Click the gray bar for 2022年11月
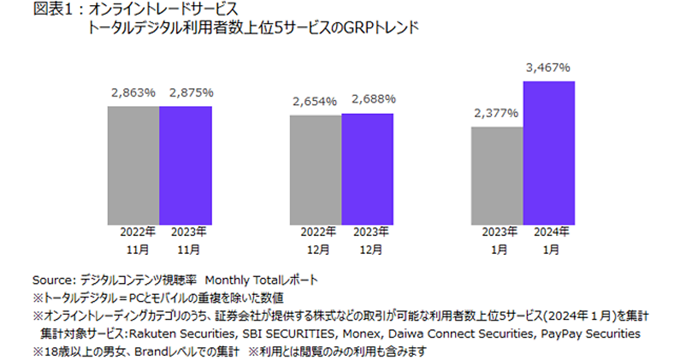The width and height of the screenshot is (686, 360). coord(133,165)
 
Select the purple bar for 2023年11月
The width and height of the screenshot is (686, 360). coord(185,165)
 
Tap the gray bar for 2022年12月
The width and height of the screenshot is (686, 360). coord(315,170)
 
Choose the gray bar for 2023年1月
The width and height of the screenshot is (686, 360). coord(497,175)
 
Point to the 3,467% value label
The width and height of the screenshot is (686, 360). coord(548,68)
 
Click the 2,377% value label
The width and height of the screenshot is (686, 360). coord(496,113)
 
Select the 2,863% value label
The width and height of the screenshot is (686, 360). coord(133,93)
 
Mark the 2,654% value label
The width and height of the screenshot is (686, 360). coord(315,102)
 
